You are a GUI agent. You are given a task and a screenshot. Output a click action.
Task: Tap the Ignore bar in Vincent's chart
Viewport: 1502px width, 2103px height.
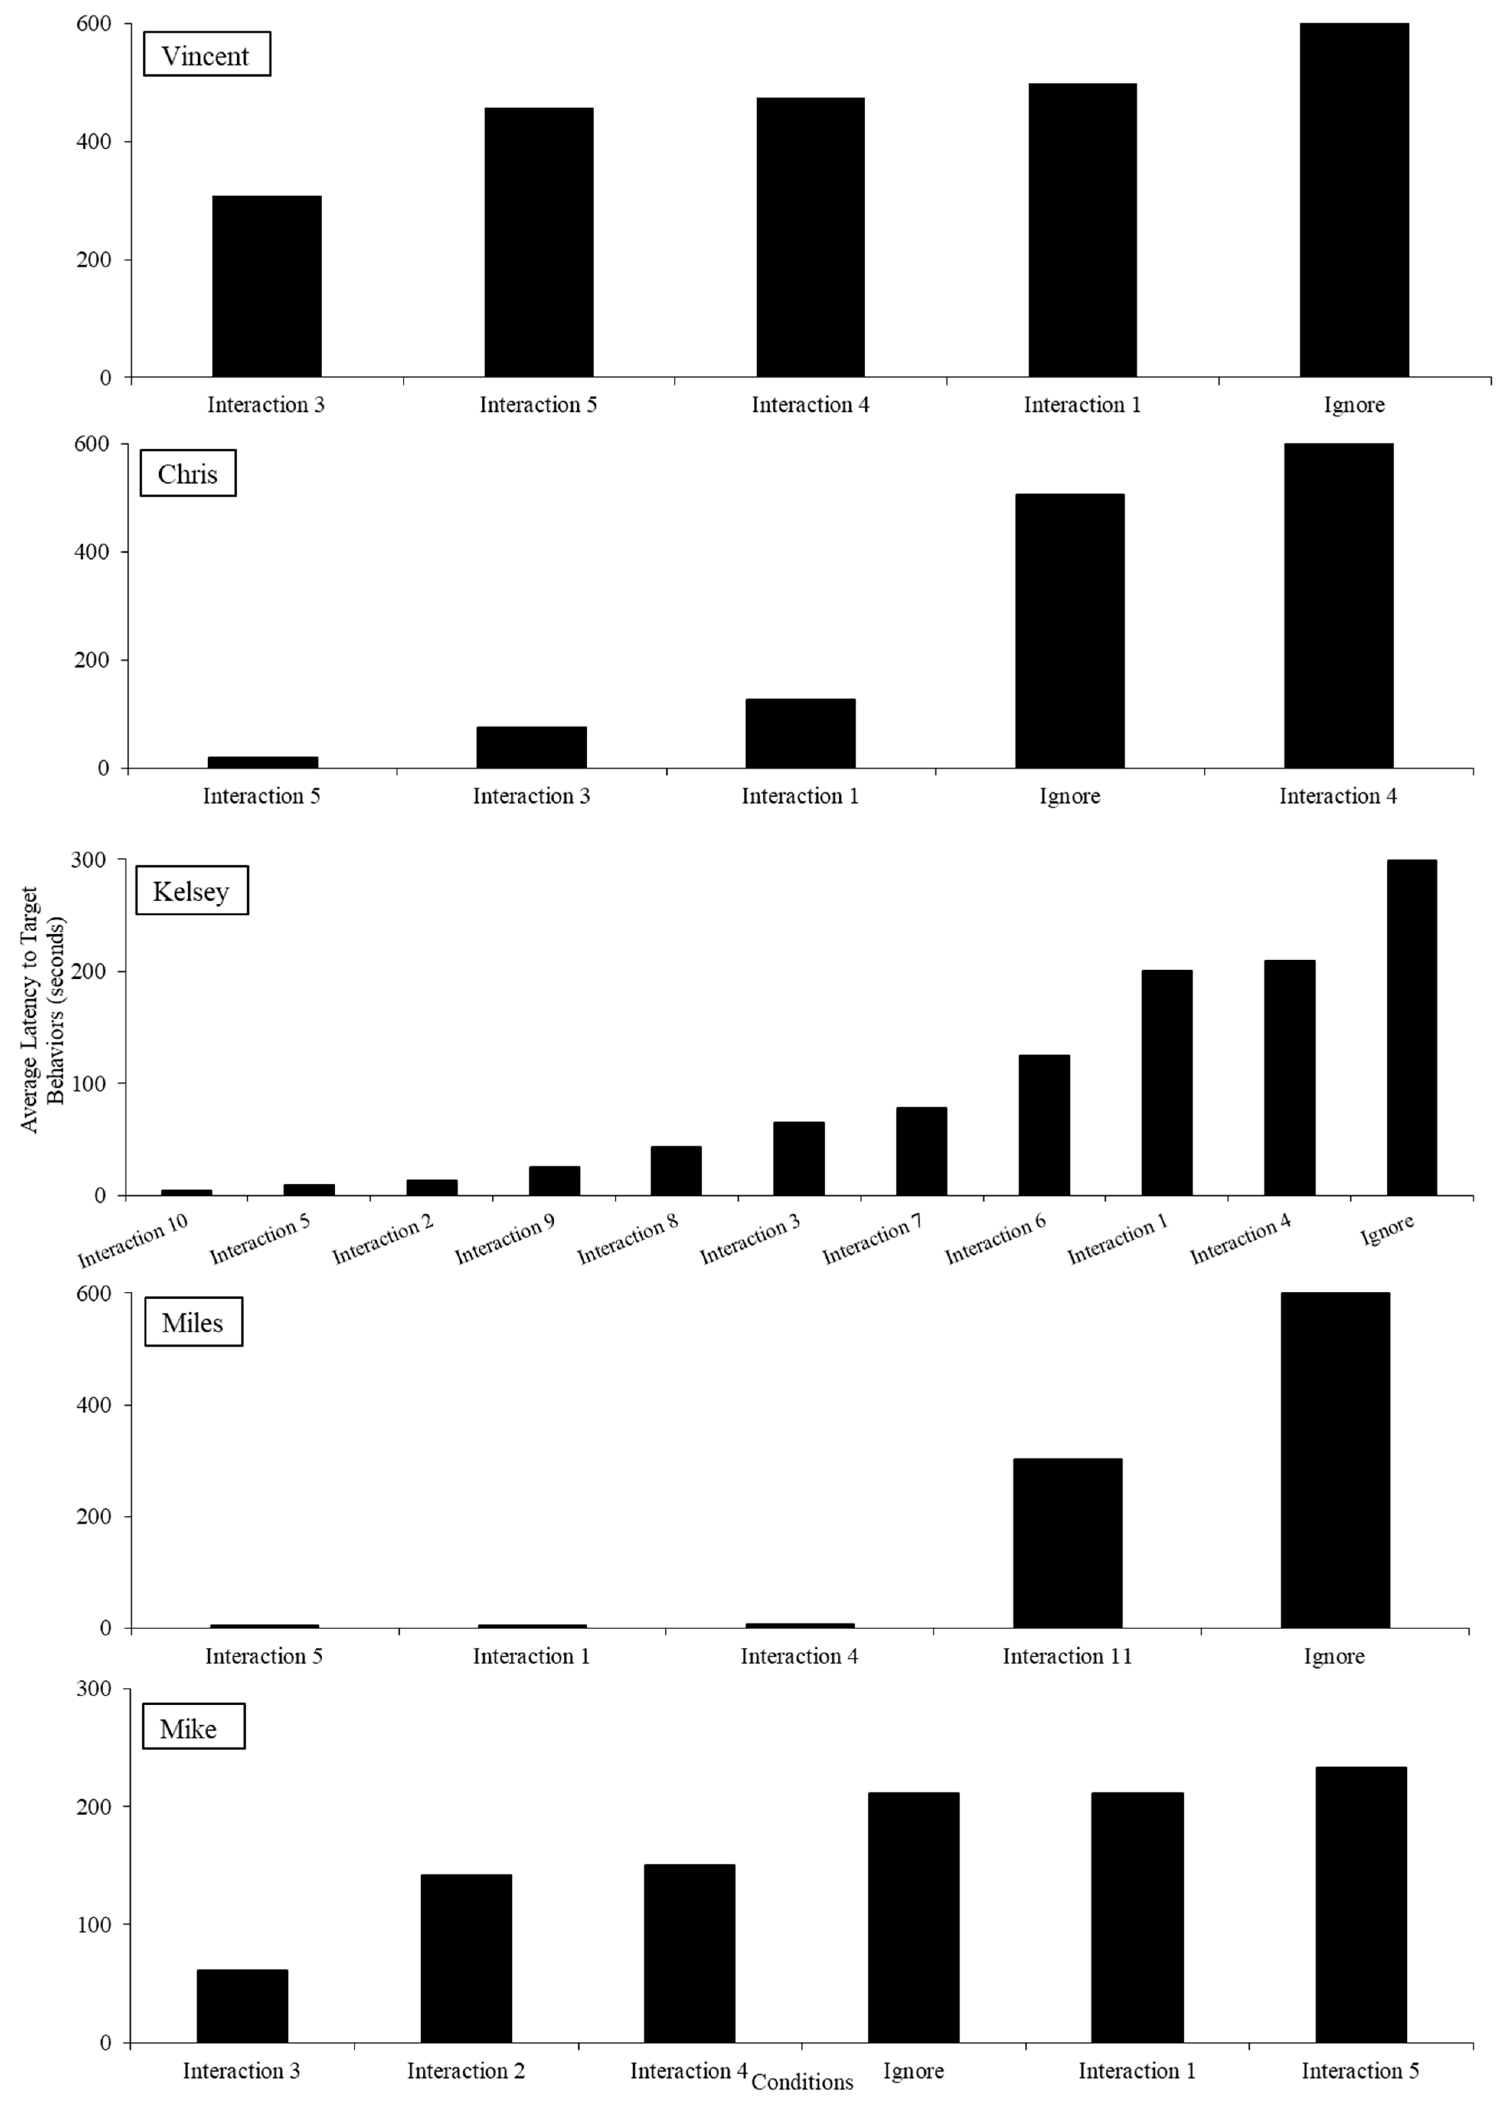point(1354,200)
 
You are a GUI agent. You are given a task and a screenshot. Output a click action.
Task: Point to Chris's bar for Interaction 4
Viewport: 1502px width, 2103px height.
point(1338,606)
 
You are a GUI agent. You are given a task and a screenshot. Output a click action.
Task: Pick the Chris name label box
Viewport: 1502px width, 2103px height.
point(188,474)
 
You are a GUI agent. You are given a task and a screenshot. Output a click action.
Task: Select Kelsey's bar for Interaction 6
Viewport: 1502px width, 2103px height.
point(1044,1125)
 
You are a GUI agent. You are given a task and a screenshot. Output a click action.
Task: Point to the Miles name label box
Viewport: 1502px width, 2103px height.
point(193,1322)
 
